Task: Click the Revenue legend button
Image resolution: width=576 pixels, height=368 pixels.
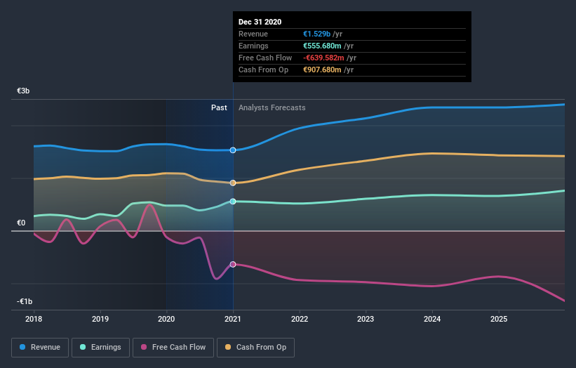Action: [41, 347]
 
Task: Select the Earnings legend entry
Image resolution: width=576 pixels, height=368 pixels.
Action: [101, 347]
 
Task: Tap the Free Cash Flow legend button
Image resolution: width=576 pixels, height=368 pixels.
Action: [173, 347]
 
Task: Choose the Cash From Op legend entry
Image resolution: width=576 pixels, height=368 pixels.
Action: [256, 347]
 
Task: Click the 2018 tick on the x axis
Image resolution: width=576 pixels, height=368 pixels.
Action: [34, 318]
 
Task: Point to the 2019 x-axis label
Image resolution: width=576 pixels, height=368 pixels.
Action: [100, 318]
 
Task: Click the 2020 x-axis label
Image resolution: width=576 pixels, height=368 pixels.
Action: [166, 318]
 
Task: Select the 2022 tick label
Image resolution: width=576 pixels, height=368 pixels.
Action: [300, 318]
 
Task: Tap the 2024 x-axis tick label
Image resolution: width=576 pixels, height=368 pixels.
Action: [432, 318]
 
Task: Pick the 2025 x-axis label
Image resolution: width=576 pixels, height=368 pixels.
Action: [499, 318]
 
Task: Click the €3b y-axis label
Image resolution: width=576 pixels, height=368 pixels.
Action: [24, 91]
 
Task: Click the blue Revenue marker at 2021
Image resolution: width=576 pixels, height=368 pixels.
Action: [233, 150]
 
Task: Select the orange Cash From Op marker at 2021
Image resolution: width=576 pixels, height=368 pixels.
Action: [233, 183]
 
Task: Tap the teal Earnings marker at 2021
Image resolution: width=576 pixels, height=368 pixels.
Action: [233, 202]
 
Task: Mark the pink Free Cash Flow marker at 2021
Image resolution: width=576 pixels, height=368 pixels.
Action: [233, 264]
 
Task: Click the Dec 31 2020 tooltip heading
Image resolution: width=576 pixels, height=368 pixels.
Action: [260, 22]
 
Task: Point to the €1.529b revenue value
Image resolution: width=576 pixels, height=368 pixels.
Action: [318, 34]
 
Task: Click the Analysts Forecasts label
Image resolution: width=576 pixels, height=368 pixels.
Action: [272, 107]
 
